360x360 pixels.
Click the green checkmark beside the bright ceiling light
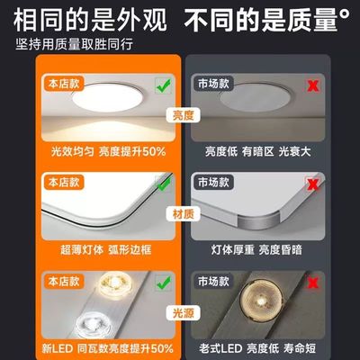click(x=162, y=85)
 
